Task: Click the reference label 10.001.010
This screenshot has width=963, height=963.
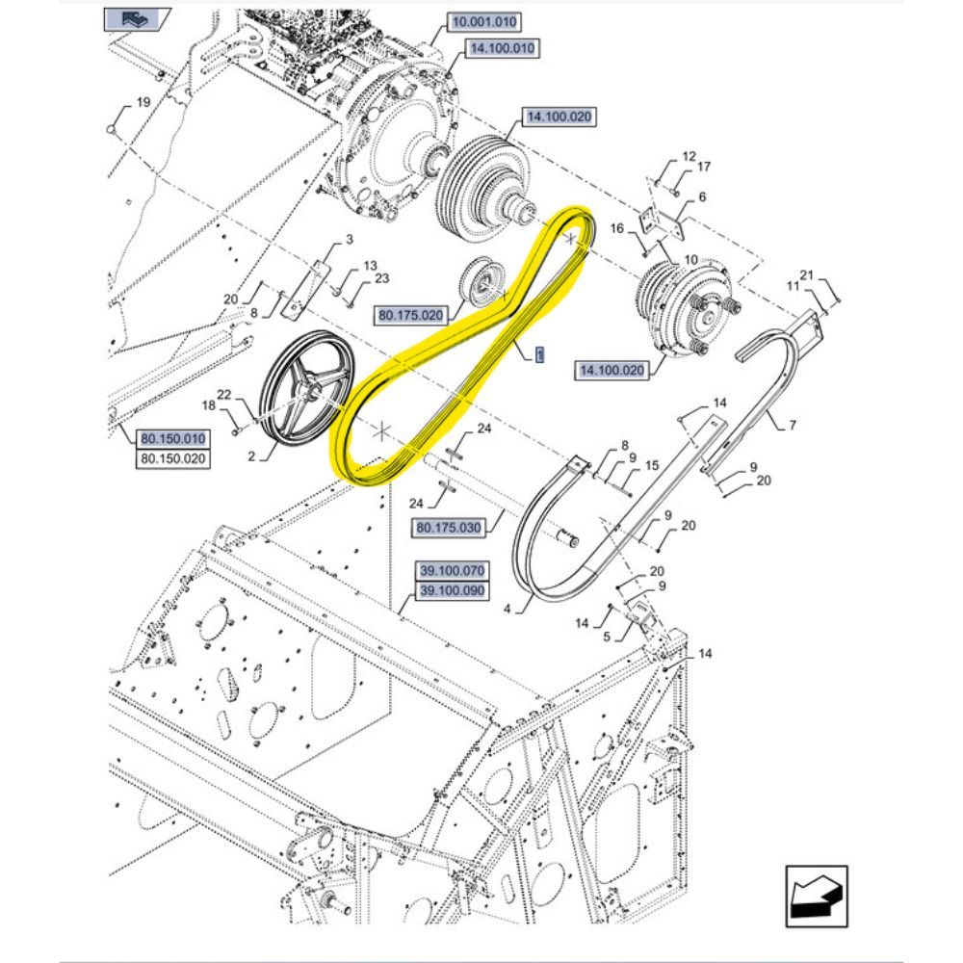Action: (x=484, y=22)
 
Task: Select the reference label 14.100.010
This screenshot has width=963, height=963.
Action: (x=503, y=48)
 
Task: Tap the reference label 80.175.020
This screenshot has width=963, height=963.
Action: (x=410, y=315)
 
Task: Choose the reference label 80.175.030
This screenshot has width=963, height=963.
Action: (x=449, y=528)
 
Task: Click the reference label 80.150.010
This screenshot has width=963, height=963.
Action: (x=172, y=438)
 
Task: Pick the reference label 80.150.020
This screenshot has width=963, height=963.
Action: (x=172, y=458)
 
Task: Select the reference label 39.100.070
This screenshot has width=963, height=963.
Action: (x=452, y=570)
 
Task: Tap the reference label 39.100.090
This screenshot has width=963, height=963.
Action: (x=452, y=591)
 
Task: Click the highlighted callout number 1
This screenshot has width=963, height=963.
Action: (x=539, y=355)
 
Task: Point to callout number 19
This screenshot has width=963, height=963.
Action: (x=143, y=102)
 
